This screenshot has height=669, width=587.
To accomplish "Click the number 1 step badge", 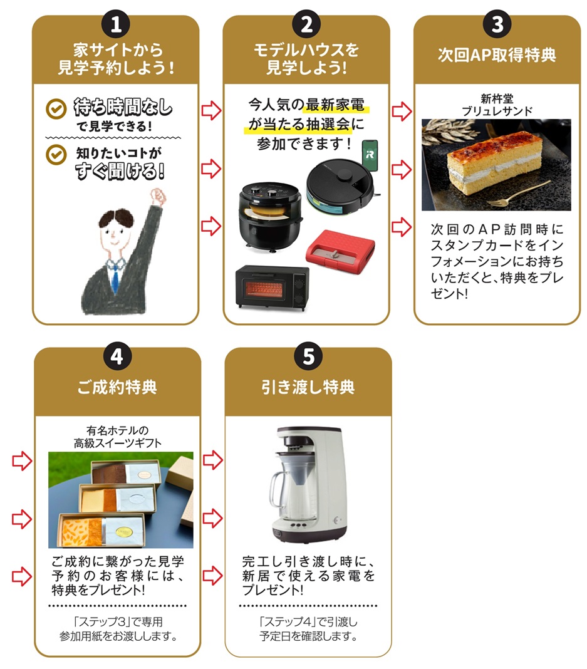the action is tap(116, 24).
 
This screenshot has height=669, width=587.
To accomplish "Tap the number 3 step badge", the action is tap(497, 24).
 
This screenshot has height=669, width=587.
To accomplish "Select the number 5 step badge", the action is tap(308, 356).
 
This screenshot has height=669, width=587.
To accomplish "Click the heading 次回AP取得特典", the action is tap(497, 55).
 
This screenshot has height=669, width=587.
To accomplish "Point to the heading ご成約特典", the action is tap(117, 387).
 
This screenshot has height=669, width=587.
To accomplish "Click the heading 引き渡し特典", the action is tap(308, 387).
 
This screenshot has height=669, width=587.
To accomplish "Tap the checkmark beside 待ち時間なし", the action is tap(56, 109).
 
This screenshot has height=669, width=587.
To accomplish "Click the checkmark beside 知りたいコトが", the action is tap(56, 154).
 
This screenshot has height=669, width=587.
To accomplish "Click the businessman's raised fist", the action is tap(158, 197).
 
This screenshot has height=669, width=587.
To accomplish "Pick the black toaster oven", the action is tap(272, 287).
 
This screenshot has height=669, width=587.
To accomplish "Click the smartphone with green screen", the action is tap(370, 155).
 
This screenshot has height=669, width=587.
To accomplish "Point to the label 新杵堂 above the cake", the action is tap(497, 99).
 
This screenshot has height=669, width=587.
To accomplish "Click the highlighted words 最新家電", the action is tap(335, 105).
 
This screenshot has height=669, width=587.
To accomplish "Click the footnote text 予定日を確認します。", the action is tap(308, 636).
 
